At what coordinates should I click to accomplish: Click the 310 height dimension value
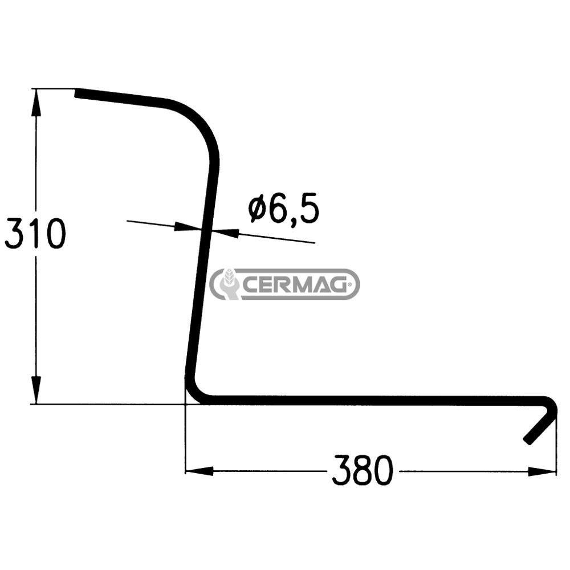click(x=35, y=234)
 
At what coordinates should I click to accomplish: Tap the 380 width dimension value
click(x=363, y=470)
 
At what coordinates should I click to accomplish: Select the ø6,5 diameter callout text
click(x=284, y=210)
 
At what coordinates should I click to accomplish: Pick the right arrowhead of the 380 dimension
click(x=544, y=471)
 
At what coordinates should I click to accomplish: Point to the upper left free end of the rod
click(x=80, y=93)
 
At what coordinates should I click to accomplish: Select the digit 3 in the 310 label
click(x=15, y=234)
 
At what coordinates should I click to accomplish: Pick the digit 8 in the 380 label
click(x=363, y=470)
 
